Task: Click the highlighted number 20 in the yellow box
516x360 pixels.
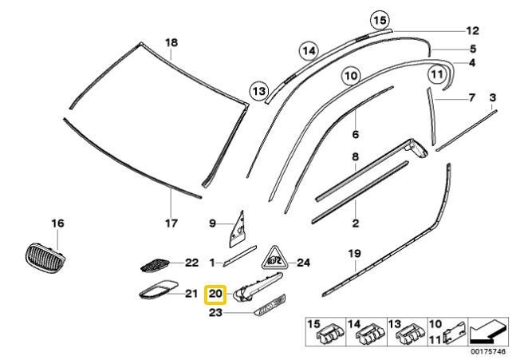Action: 215,293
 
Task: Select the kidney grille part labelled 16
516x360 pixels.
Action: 45,259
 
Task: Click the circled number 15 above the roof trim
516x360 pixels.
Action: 380,21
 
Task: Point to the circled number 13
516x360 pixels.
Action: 259,91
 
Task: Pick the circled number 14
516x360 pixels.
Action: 309,51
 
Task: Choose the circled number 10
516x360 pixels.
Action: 351,76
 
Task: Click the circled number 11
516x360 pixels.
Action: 437,74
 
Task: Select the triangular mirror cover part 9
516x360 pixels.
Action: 238,230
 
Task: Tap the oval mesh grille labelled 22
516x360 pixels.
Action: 155,266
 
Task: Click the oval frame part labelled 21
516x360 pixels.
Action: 158,290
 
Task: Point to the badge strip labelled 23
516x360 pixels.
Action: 270,306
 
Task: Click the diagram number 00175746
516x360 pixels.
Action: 488,352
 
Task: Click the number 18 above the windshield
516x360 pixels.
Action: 171,43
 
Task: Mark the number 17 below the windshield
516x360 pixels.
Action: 171,224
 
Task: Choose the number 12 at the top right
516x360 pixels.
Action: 473,31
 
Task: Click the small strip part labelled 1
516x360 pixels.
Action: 240,255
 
